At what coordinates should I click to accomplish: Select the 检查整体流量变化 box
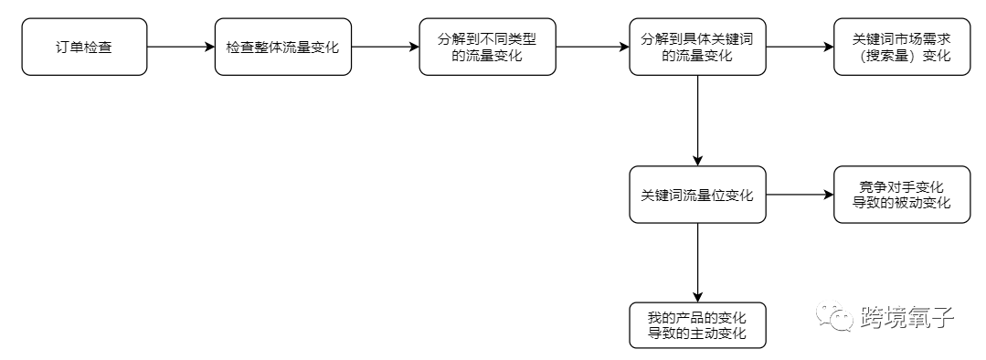pyautogui.click(x=282, y=46)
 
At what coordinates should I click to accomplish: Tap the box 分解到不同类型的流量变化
pyautogui.click(x=487, y=46)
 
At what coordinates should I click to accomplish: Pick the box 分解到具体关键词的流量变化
pyautogui.click(x=697, y=46)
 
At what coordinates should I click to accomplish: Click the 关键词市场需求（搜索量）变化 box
pyautogui.click(x=901, y=46)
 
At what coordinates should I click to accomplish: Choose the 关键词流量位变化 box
pyautogui.click(x=697, y=195)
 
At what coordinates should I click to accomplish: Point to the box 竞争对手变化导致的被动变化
pyautogui.click(x=901, y=195)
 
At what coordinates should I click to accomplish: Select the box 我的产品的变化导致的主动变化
pyautogui.click(x=697, y=325)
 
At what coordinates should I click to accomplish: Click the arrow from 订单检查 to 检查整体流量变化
pyautogui.click(x=181, y=46)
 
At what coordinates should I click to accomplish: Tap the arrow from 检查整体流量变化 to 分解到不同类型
pyautogui.click(x=385, y=46)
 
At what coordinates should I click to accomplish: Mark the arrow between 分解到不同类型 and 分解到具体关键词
pyautogui.click(x=592, y=46)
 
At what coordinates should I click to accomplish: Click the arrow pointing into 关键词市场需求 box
pyautogui.click(x=800, y=46)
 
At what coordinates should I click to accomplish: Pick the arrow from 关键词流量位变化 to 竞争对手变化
pyautogui.click(x=800, y=195)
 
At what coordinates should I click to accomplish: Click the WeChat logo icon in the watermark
pyautogui.click(x=833, y=318)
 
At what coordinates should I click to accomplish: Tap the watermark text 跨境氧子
pyautogui.click(x=907, y=318)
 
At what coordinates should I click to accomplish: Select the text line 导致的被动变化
pyautogui.click(x=901, y=204)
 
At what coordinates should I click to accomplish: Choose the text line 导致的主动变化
pyautogui.click(x=697, y=334)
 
